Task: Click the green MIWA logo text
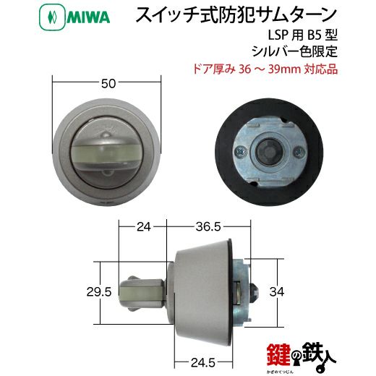click(88, 17)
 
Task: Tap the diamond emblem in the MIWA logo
click(52, 17)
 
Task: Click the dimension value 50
click(108, 84)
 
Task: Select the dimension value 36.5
click(208, 226)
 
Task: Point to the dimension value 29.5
click(99, 292)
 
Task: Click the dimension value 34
click(277, 292)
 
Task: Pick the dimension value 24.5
click(203, 362)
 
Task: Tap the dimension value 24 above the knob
click(144, 226)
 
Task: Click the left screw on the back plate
click(241, 151)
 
